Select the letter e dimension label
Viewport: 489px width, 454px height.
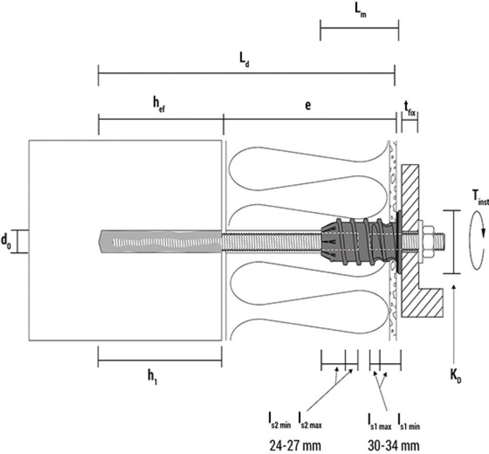(308, 105)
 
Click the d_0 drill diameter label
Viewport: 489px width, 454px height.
(6, 241)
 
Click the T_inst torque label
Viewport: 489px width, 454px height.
(480, 198)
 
